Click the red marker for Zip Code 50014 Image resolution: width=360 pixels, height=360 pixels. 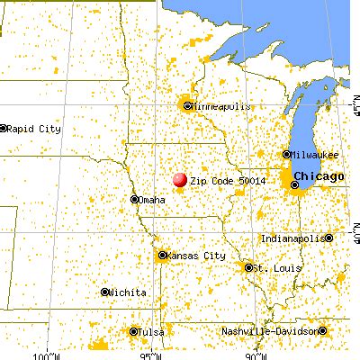coord(180,181)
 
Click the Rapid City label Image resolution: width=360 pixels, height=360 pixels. coord(34,129)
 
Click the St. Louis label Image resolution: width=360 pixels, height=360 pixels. coord(271,267)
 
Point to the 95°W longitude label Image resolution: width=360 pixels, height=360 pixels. coord(150,355)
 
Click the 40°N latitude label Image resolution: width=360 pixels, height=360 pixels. coord(355,232)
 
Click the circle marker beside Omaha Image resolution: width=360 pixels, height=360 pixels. coord(134,200)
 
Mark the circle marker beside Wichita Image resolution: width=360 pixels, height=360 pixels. coord(105,292)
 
